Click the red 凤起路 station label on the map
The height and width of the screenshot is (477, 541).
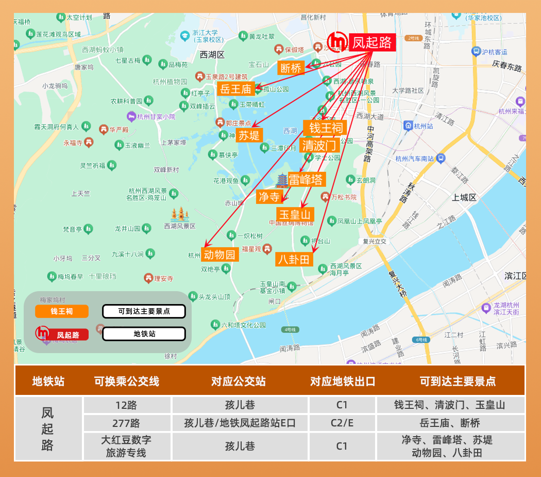point(372,42)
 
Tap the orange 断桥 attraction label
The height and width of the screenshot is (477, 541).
point(290,68)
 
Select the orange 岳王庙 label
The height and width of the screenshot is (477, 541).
point(235,89)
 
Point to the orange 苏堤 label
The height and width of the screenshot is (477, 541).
point(249,135)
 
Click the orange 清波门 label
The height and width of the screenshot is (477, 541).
point(319,145)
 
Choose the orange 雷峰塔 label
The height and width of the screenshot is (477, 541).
point(306,179)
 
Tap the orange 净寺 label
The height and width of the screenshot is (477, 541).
point(269,196)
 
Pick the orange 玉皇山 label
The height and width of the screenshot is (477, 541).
point(295,214)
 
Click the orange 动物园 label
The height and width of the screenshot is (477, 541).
point(219,255)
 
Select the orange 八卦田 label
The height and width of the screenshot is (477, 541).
point(294,259)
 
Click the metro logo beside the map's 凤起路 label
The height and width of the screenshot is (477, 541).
point(338,42)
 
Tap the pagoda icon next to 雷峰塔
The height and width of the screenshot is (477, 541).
point(282,180)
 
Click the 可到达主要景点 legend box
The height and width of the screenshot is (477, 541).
point(144,311)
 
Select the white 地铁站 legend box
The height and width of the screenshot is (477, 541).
point(144,334)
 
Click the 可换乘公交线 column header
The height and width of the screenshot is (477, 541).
point(127,381)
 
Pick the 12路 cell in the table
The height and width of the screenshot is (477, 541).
point(127,405)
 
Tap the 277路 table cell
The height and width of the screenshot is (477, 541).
point(127,423)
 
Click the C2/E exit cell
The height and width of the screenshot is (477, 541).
point(342,423)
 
